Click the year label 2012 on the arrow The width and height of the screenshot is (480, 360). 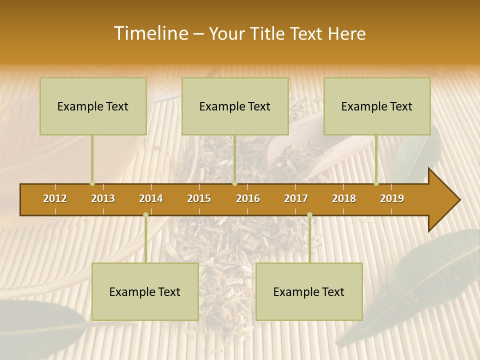(55, 198)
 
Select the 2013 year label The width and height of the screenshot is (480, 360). (103, 198)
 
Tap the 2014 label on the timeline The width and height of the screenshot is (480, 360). (151, 198)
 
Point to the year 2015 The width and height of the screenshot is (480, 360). (199, 198)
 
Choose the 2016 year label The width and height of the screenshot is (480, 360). (248, 198)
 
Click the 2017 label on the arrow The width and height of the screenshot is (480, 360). (296, 198)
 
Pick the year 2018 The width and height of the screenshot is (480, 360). (344, 198)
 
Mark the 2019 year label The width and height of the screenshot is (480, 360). (392, 198)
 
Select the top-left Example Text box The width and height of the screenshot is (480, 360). (93, 106)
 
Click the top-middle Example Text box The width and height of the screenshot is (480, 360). (235, 106)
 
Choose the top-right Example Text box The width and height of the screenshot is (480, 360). (377, 106)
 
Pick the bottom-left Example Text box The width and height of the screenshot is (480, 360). (145, 291)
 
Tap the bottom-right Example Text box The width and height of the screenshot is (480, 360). (309, 291)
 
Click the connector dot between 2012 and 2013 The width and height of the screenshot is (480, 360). (92, 183)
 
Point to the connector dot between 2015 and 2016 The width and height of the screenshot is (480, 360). (234, 183)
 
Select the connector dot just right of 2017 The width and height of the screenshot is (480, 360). (309, 215)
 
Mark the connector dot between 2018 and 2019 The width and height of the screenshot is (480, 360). (376, 183)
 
